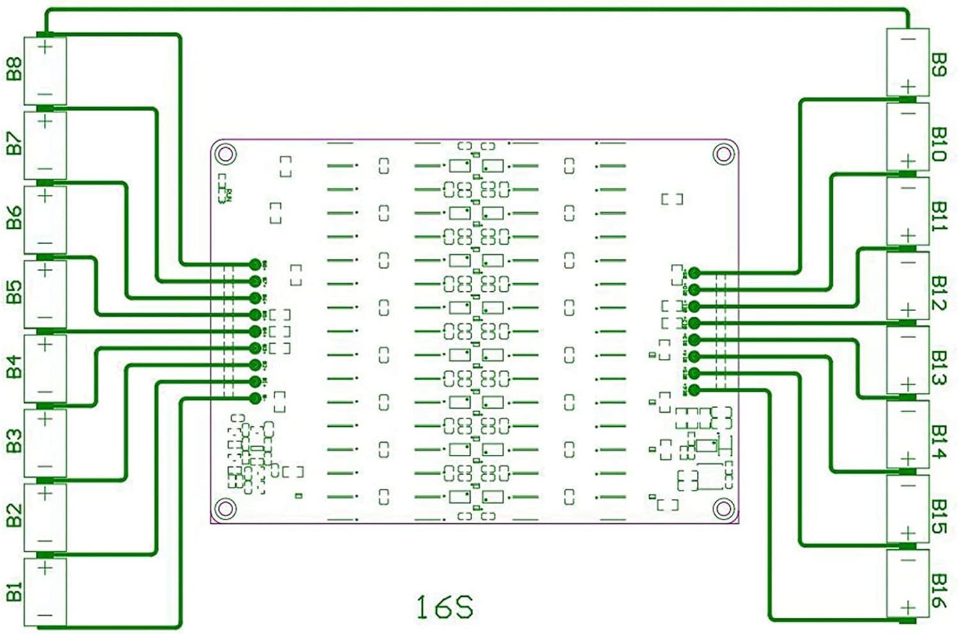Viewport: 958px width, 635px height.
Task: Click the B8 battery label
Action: pyautogui.click(x=14, y=69)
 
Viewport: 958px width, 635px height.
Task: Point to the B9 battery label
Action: pyautogui.click(x=938, y=65)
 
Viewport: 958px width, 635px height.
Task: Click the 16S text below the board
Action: pyautogui.click(x=445, y=607)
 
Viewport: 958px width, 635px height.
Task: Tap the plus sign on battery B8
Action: pyautogui.click(x=45, y=47)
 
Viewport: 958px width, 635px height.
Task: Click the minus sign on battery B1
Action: pyautogui.click(x=45, y=615)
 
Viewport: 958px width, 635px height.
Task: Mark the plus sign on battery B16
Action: pyautogui.click(x=908, y=608)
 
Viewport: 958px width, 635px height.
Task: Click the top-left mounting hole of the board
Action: pyautogui.click(x=225, y=154)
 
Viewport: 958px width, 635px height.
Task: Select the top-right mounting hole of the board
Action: pyautogui.click(x=723, y=154)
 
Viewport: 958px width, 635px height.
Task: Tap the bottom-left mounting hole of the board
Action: pyautogui.click(x=225, y=509)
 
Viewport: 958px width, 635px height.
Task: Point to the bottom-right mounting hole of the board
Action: pyautogui.click(x=723, y=509)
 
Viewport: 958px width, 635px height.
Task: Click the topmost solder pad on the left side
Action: pyautogui.click(x=256, y=264)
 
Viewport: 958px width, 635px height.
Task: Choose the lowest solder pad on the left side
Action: pyautogui.click(x=256, y=398)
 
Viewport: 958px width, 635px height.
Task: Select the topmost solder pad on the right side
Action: pyautogui.click(x=694, y=273)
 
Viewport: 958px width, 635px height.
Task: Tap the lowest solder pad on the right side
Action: pyautogui.click(x=694, y=390)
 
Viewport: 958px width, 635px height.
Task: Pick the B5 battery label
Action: pyautogui.click(x=14, y=292)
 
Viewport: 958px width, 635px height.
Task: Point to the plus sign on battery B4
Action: pyautogui.click(x=45, y=345)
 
